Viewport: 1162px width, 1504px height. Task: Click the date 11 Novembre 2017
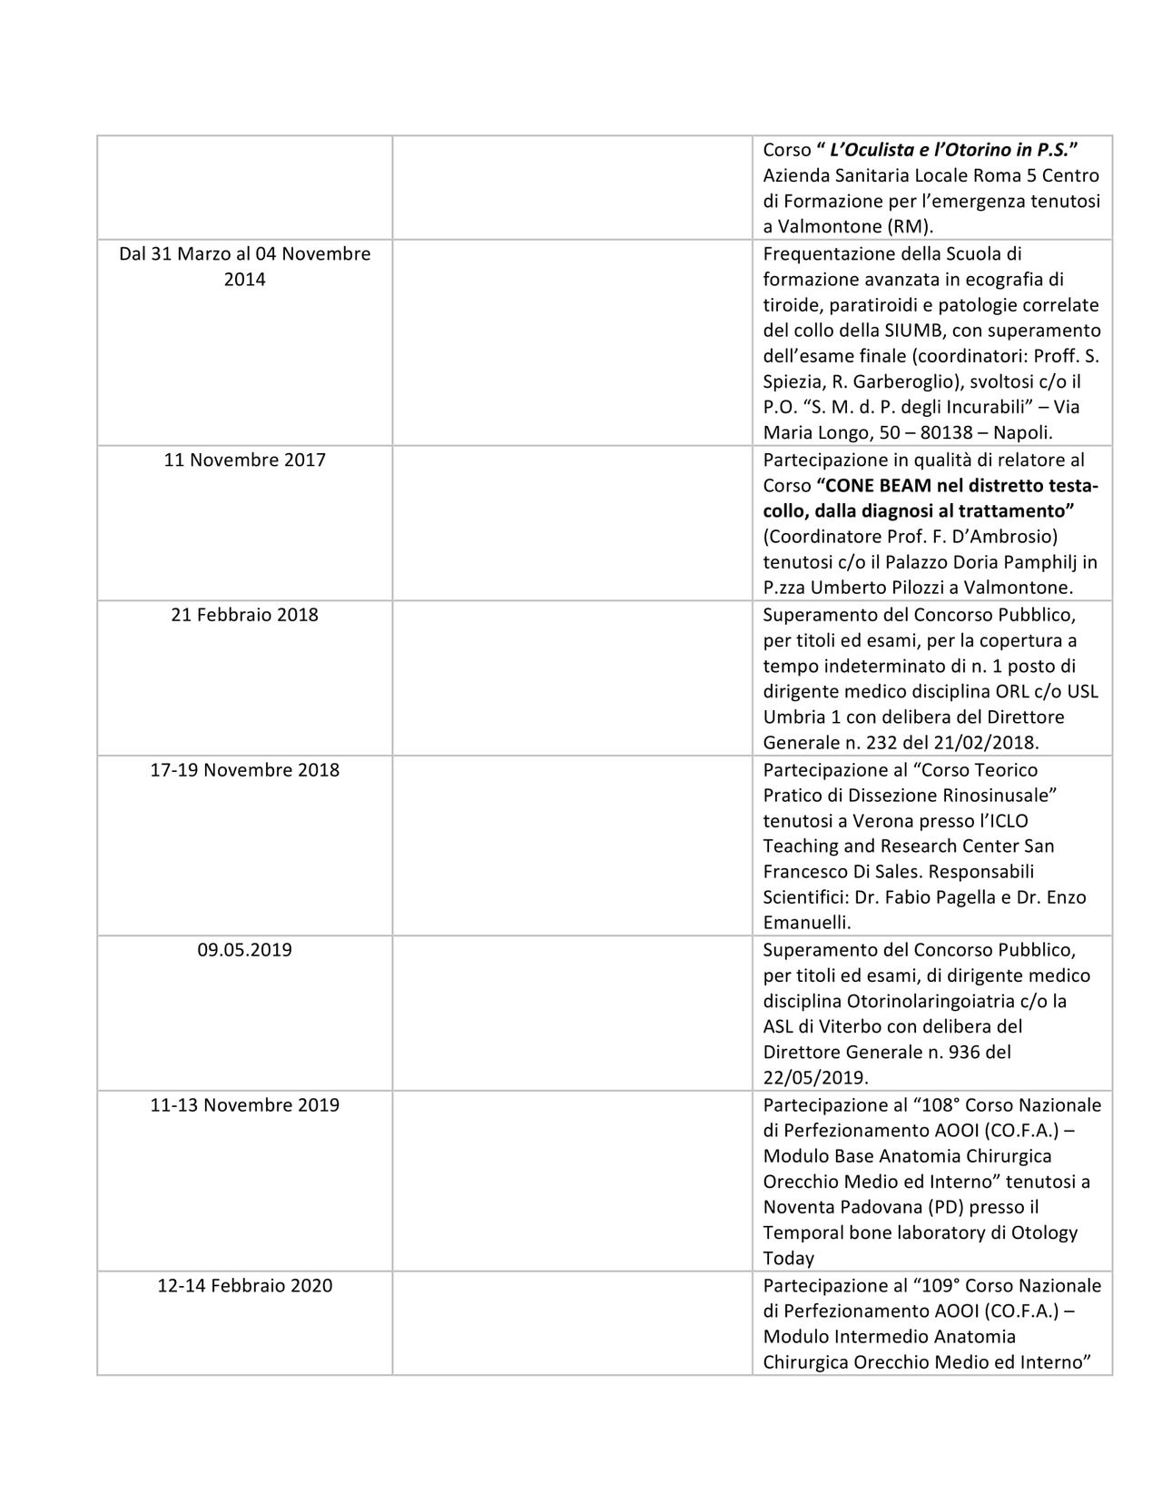244,460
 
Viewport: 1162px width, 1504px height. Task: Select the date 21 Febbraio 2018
244,615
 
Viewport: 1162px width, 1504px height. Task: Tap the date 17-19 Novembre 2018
244,770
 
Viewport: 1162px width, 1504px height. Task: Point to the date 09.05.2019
244,951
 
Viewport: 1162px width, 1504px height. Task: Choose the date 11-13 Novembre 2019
244,1105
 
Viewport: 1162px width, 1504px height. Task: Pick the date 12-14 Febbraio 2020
244,1286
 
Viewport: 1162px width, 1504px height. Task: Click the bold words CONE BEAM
868,486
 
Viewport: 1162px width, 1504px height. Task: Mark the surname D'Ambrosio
1007,537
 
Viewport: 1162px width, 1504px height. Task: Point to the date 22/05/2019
812,1078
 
